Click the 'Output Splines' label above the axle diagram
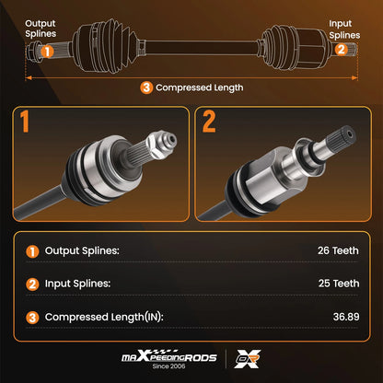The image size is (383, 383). [41, 29]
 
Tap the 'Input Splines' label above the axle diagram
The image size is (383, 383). [344, 29]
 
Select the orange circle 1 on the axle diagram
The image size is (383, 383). [47, 52]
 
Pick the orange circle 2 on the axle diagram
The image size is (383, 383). [341, 49]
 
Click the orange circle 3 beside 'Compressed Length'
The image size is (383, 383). [146, 87]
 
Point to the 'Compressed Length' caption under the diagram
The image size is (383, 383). [200, 88]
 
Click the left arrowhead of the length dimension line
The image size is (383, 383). [29, 78]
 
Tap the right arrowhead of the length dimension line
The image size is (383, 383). [354, 78]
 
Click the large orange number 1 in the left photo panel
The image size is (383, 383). [25, 122]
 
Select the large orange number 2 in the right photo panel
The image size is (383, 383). [209, 122]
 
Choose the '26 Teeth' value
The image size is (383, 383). [338, 250]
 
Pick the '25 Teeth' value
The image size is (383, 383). [339, 284]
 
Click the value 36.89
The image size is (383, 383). [346, 317]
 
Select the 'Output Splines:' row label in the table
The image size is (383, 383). [82, 251]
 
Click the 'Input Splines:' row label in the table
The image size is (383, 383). [77, 284]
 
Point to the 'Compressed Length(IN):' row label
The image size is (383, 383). [104, 317]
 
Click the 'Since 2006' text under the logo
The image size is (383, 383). [168, 366]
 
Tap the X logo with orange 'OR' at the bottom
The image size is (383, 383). [248, 359]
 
